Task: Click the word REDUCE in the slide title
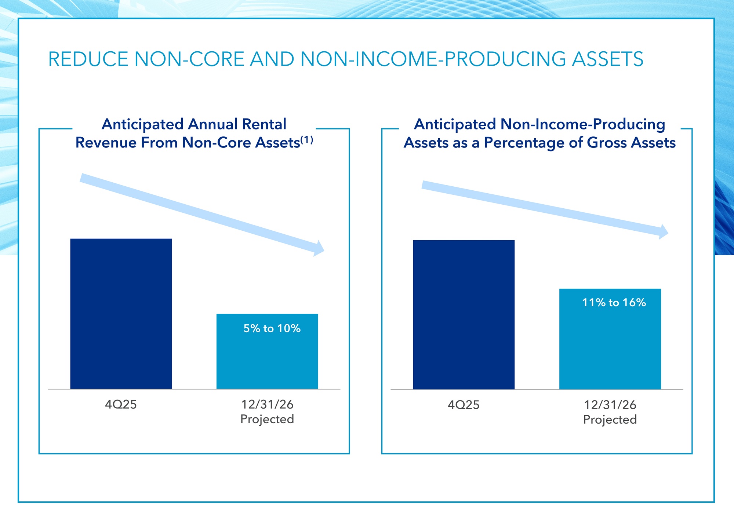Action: click(88, 59)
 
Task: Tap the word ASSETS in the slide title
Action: click(607, 59)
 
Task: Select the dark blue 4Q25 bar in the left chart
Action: click(121, 314)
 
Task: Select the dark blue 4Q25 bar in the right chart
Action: click(464, 314)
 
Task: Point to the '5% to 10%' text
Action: click(272, 328)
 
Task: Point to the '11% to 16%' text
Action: click(614, 303)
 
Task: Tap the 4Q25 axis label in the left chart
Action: click(121, 405)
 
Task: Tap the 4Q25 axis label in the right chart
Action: click(464, 405)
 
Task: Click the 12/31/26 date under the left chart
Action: click(267, 405)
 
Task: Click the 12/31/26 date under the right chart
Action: click(610, 405)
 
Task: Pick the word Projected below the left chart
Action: click(267, 419)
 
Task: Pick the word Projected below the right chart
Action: click(610, 420)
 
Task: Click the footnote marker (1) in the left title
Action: click(307, 140)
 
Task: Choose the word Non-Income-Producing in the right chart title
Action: click(583, 124)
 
